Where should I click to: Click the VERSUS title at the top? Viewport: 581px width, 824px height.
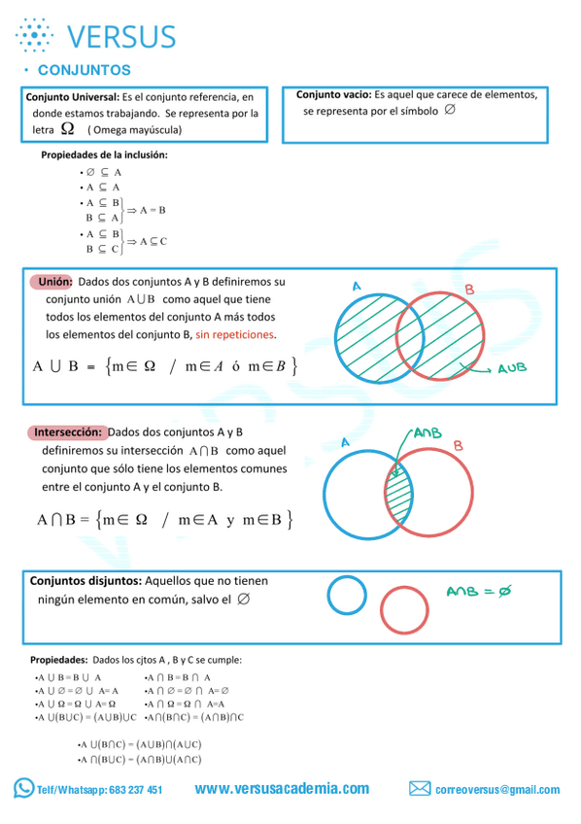121,37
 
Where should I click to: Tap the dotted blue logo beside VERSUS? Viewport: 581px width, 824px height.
34,35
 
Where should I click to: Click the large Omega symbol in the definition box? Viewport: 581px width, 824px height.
66,128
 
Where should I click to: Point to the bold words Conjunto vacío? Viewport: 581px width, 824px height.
333,95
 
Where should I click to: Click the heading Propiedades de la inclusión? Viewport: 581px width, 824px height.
104,154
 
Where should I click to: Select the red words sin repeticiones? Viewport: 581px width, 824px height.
235,334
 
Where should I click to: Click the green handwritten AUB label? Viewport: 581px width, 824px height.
512,369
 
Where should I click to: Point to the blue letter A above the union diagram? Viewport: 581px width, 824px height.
357,287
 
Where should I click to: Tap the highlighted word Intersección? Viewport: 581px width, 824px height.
68,431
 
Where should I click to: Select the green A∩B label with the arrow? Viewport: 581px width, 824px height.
427,433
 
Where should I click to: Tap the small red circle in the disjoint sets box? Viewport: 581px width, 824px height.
404,610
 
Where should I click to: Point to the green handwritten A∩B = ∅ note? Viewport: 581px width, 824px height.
479,591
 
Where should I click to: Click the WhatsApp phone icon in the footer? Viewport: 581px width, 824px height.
23,788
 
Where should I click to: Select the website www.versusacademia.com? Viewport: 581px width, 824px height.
282,788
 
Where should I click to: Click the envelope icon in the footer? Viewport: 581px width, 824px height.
420,788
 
